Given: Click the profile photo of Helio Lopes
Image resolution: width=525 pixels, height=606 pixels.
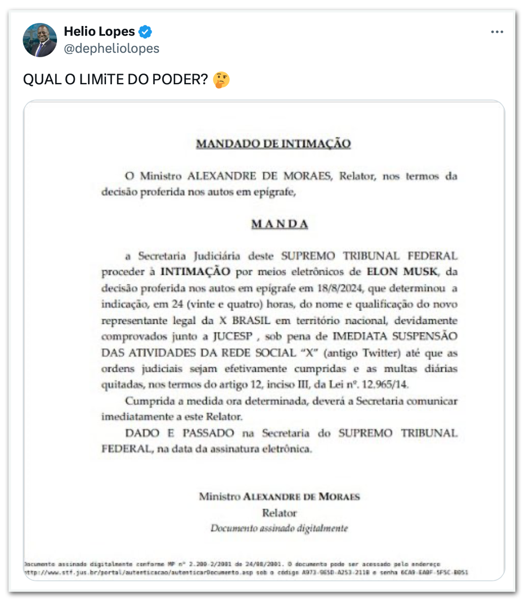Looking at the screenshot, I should point(40,40).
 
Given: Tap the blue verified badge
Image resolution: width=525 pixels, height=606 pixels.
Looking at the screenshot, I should point(145,32).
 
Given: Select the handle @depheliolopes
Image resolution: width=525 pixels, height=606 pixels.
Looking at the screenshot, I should point(111,49).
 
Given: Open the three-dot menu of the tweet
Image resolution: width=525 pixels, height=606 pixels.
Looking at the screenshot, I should point(497,32).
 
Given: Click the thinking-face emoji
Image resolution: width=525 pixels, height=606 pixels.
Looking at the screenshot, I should point(221,79).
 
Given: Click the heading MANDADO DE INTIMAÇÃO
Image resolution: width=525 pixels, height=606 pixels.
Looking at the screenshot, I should point(273,143).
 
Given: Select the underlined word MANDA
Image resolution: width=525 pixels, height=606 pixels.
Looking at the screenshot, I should point(279,224).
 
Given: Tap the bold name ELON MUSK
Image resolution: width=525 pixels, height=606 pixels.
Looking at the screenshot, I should point(402,272).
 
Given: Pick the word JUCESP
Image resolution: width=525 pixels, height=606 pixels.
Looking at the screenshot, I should point(233,336).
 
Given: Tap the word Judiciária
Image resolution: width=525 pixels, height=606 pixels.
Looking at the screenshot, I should point(217,256).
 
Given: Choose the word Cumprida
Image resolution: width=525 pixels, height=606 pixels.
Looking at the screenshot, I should point(147,401).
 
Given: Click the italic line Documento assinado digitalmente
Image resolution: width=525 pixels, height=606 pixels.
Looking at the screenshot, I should point(279,529).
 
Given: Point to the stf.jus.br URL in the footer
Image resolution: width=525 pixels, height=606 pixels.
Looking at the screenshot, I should point(96,572).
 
